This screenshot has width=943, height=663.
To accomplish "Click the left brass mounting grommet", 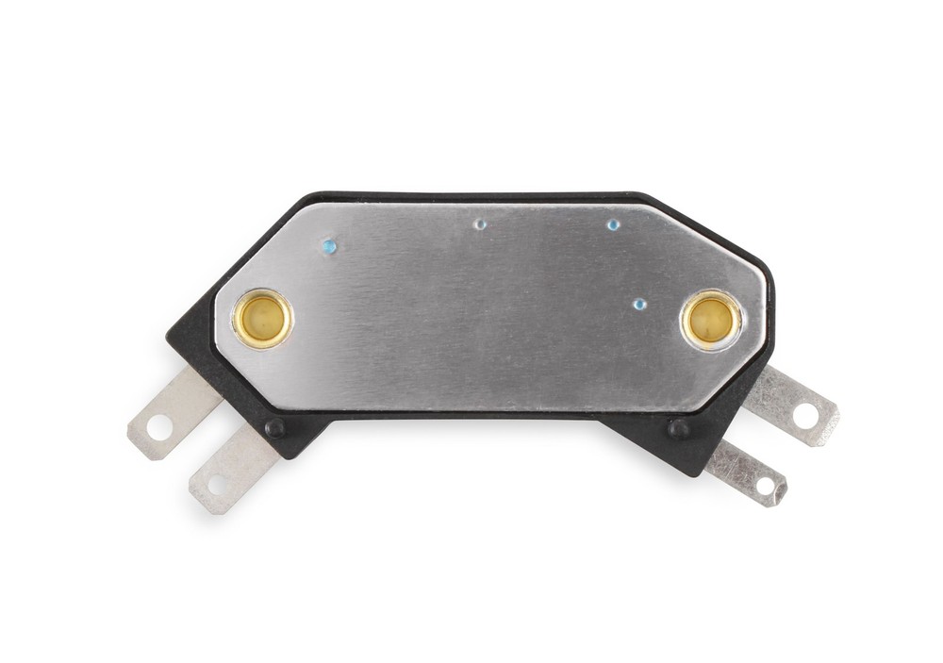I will [263, 319].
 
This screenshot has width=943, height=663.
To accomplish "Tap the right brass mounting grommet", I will [710, 320].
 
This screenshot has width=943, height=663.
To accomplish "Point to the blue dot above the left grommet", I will [328, 247].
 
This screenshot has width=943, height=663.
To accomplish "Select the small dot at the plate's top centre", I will [480, 224].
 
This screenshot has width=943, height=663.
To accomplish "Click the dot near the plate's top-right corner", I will [613, 224].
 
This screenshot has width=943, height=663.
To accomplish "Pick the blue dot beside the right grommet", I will [639, 304].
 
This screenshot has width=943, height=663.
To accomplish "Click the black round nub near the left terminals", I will [274, 428].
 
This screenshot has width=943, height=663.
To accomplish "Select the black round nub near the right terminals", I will [677, 429].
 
